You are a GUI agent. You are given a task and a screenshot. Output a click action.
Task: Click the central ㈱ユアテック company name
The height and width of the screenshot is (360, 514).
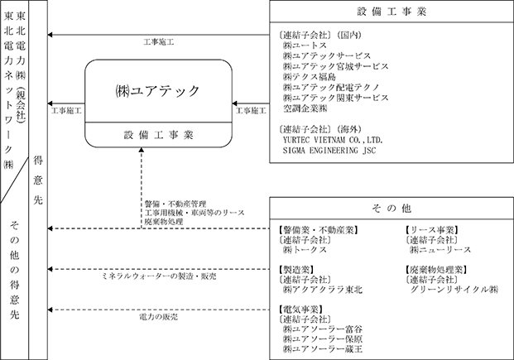click(161, 87)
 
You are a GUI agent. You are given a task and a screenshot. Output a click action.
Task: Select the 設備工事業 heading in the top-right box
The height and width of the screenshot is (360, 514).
click(393, 12)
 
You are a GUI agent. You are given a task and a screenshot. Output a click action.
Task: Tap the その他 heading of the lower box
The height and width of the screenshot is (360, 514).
click(393, 209)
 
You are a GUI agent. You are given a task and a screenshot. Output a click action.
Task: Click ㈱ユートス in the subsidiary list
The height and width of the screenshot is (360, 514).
click(304, 47)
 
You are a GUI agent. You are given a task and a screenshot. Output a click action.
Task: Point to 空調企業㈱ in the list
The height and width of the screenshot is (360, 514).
click(305, 108)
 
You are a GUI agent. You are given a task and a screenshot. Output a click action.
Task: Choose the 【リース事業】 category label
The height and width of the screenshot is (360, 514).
click(431, 229)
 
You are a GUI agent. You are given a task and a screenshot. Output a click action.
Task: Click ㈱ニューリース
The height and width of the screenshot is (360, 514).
click(439, 249)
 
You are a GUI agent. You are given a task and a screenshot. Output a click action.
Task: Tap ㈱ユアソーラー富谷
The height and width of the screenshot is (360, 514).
click(322, 329)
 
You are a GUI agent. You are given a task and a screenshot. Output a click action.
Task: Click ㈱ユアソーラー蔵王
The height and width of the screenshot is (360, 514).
click(322, 349)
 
